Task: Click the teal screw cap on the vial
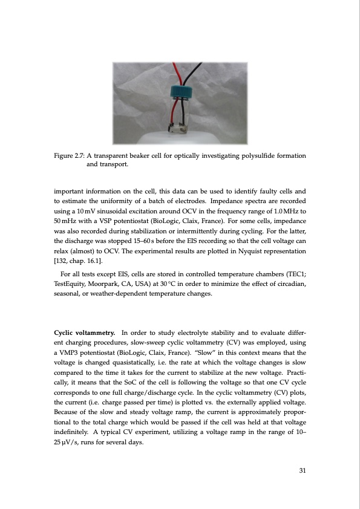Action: [x=180, y=91]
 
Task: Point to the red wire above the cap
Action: [x=175, y=73]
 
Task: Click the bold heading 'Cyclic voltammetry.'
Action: [x=85, y=332]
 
